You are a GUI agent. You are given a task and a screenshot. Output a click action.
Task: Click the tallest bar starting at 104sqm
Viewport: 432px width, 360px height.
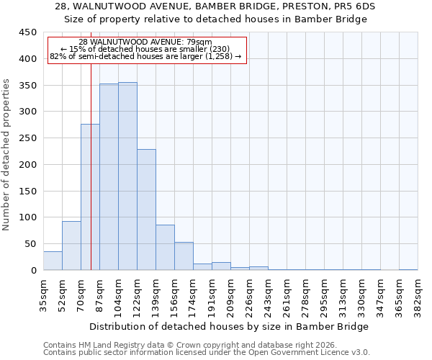pyautogui.click(x=127, y=176)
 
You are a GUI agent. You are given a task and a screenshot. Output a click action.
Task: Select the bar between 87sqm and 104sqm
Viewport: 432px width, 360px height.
pyautogui.click(x=109, y=177)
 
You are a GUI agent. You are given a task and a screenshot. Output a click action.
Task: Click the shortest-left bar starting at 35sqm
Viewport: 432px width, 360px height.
pyautogui.click(x=53, y=261)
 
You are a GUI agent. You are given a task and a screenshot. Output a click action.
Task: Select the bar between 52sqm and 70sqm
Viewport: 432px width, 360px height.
pyautogui.click(x=71, y=246)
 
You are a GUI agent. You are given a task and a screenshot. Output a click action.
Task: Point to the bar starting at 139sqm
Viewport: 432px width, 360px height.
pyautogui.click(x=165, y=248)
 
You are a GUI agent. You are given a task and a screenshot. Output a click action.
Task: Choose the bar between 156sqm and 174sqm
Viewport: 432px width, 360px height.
pyautogui.click(x=184, y=256)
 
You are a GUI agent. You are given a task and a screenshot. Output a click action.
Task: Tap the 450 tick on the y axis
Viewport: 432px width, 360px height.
pyautogui.click(x=28, y=32)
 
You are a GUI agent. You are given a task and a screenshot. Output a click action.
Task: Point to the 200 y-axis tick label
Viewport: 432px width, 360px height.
pyautogui.click(x=28, y=165)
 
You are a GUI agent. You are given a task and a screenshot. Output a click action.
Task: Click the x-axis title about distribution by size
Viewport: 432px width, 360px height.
pyautogui.click(x=230, y=326)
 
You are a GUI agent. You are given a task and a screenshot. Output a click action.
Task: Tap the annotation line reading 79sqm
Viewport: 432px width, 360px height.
pyautogui.click(x=146, y=42)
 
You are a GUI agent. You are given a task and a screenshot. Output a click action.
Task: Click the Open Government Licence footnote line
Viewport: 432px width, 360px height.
pyautogui.click(x=207, y=353)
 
